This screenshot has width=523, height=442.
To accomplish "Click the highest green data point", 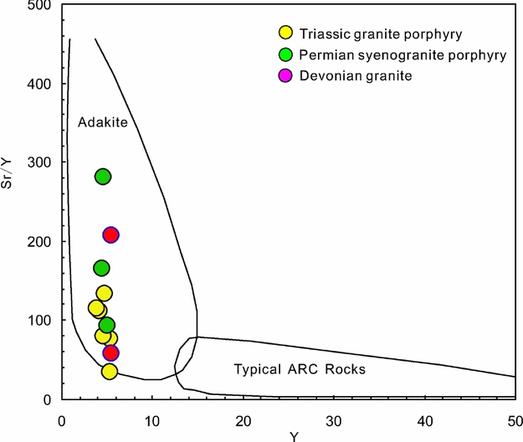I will click(x=103, y=177).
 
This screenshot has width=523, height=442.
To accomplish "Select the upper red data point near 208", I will click(x=110, y=234).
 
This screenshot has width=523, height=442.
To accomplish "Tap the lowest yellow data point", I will click(x=110, y=371).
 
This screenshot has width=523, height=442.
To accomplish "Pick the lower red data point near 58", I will click(x=110, y=353).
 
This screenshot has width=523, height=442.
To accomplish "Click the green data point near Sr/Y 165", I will click(x=101, y=268).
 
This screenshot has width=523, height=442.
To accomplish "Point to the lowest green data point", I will click(x=106, y=325).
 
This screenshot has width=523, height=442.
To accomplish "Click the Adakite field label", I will click(x=102, y=123).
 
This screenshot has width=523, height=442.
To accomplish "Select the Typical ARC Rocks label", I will click(x=300, y=368).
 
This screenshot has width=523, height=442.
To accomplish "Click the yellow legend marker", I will click(x=285, y=34).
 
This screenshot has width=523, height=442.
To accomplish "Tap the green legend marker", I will click(x=285, y=55).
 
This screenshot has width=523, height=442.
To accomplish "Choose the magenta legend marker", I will click(x=285, y=76).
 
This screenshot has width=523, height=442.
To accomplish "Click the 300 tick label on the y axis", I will click(x=38, y=162).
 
